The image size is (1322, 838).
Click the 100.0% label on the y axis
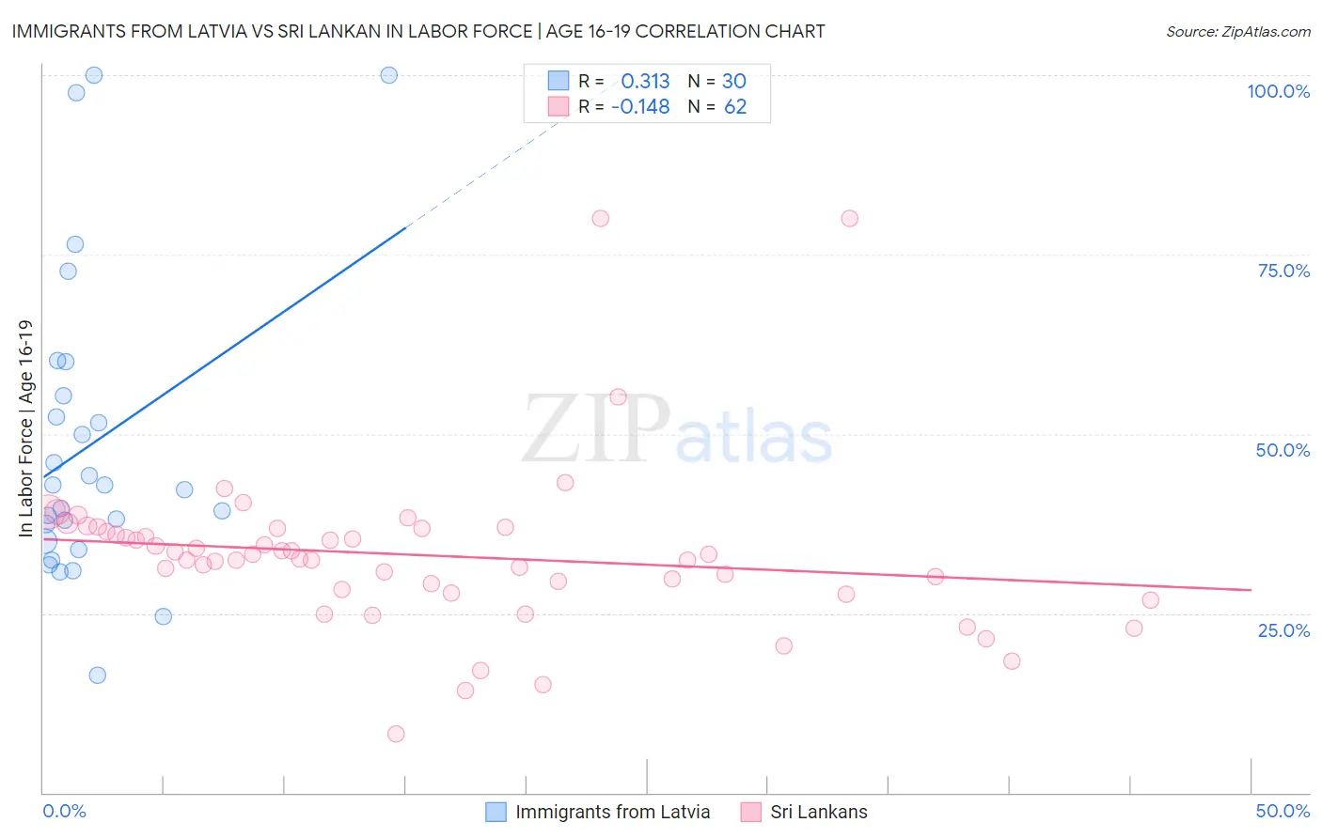click(x=1278, y=91)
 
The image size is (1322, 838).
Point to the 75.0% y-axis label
click(x=1283, y=271)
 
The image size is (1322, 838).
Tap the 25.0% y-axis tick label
click(x=1283, y=630)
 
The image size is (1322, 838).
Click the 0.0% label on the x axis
click(x=64, y=811)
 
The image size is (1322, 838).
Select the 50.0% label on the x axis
click(x=1283, y=811)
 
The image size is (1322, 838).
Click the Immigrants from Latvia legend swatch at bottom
click(x=496, y=812)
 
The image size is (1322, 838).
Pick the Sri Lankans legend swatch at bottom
click(x=750, y=812)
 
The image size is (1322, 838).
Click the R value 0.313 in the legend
click(x=645, y=81)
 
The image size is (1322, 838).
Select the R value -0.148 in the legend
click(x=640, y=107)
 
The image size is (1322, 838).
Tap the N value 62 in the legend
click(x=735, y=107)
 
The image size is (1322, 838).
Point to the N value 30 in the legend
click(x=734, y=81)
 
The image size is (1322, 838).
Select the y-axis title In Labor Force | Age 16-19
click(x=25, y=428)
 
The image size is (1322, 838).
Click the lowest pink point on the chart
click(x=396, y=734)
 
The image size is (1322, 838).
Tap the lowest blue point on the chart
click(x=97, y=675)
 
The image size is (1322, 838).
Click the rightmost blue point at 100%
click(x=388, y=75)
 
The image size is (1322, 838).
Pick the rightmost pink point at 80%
click(x=849, y=218)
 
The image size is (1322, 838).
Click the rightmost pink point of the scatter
click(x=1150, y=600)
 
